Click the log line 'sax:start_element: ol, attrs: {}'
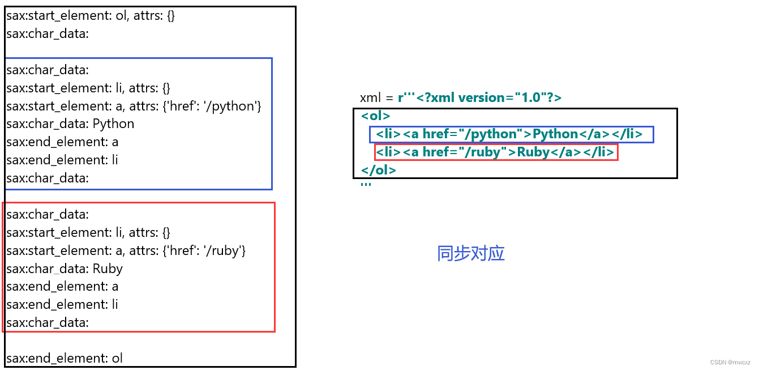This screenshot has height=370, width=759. click(x=91, y=16)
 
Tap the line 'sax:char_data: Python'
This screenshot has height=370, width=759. click(x=70, y=124)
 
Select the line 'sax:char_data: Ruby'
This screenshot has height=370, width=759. click(x=65, y=269)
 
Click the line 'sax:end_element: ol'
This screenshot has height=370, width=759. click(x=65, y=358)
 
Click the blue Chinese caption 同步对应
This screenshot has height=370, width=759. click(x=470, y=253)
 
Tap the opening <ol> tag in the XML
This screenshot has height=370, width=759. click(x=376, y=116)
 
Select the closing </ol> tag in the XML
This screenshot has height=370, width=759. click(x=378, y=170)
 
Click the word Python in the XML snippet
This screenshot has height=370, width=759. click(x=555, y=134)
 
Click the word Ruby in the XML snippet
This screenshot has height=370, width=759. click(x=533, y=152)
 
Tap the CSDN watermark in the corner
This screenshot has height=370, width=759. click(x=730, y=362)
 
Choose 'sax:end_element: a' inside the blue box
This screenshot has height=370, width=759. click(x=62, y=142)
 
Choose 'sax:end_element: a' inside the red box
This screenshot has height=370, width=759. click(x=62, y=287)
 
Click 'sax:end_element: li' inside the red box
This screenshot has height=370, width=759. click(x=62, y=305)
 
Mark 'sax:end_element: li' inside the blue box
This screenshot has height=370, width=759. click(x=62, y=160)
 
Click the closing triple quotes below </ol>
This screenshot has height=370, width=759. click(x=366, y=184)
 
